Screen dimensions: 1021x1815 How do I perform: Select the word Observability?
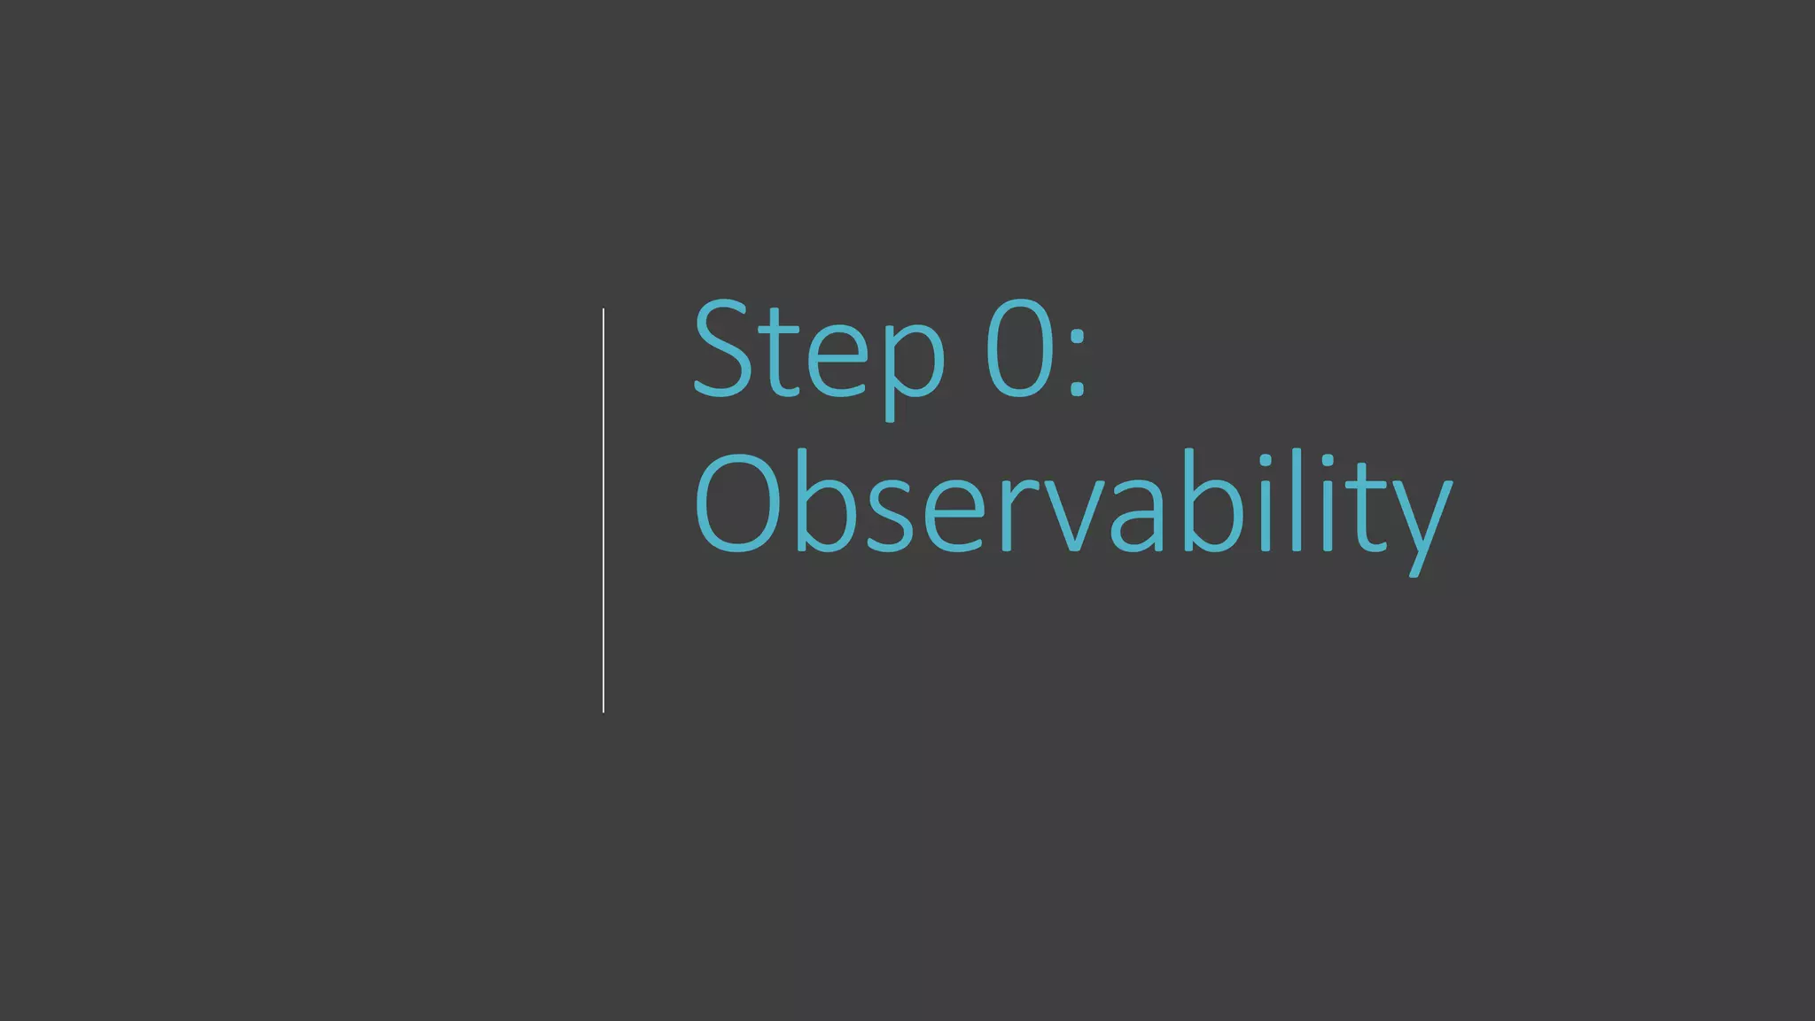pos(1072,505)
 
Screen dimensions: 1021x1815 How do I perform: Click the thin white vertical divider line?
pos(604,510)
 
